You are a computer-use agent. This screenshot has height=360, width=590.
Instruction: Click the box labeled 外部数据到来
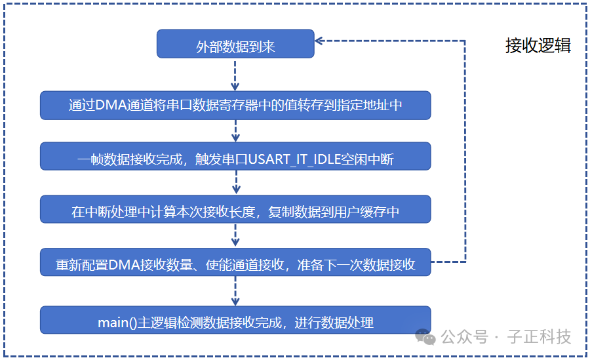pyautogui.click(x=235, y=44)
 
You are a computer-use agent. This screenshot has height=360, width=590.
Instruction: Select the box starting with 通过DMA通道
pyautogui.click(x=235, y=106)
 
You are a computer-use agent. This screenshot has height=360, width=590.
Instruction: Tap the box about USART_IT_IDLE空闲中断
pyautogui.click(x=235, y=156)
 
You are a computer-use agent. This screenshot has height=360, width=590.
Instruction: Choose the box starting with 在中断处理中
pyautogui.click(x=235, y=209)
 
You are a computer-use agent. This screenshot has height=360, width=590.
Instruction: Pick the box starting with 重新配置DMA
pyautogui.click(x=235, y=262)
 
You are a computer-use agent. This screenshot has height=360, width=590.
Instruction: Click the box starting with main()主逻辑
pyautogui.click(x=235, y=320)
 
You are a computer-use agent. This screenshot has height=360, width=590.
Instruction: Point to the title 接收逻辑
pyautogui.click(x=538, y=46)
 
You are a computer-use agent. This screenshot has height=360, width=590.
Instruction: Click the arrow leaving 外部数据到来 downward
pyautogui.click(x=235, y=75)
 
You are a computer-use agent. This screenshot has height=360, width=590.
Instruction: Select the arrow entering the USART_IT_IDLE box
pyautogui.click(x=235, y=130)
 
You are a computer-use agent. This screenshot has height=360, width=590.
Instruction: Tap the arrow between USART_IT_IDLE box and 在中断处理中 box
pyautogui.click(x=236, y=182)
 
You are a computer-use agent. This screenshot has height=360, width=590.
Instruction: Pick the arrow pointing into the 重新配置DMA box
pyautogui.click(x=235, y=235)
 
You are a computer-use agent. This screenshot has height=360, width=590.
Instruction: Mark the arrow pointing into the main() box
pyautogui.click(x=235, y=290)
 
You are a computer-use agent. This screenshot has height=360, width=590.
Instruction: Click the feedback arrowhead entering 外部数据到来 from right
pyautogui.click(x=319, y=41)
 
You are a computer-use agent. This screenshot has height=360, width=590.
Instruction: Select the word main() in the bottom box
pyautogui.click(x=117, y=323)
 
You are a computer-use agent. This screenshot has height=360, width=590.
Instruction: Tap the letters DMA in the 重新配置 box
pyautogui.click(x=124, y=265)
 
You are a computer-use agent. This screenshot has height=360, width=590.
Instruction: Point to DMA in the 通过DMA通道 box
pyautogui.click(x=111, y=105)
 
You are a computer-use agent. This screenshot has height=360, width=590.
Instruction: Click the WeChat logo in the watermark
pyautogui.click(x=425, y=336)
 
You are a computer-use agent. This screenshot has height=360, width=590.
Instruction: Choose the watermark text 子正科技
pyautogui.click(x=539, y=336)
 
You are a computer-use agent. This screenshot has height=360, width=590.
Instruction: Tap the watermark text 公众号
pyautogui.click(x=465, y=336)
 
